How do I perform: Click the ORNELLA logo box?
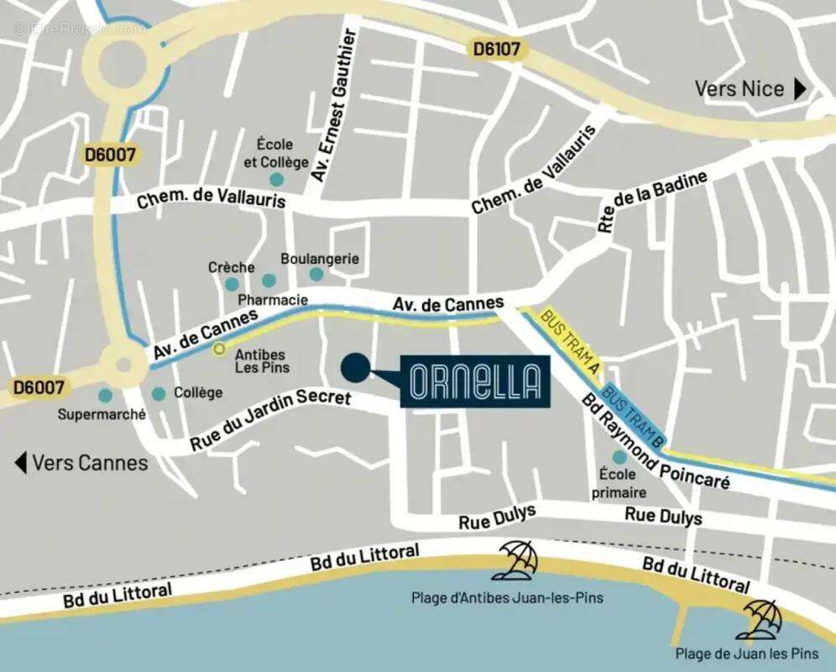[x=475, y=382]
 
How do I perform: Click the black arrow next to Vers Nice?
[x=800, y=89]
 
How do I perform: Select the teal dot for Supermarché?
[x=105, y=395]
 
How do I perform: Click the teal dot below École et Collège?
[x=276, y=179]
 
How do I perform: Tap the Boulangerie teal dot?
[x=316, y=274]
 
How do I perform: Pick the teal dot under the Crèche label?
[x=232, y=284]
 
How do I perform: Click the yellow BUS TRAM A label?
[x=571, y=343]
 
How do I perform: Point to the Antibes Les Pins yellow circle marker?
[x=219, y=348]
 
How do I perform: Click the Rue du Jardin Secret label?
[x=270, y=417]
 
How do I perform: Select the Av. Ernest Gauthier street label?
[x=334, y=105]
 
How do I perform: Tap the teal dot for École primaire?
[x=619, y=457]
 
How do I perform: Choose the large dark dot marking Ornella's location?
[x=355, y=367]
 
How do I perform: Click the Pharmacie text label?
[x=273, y=300]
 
